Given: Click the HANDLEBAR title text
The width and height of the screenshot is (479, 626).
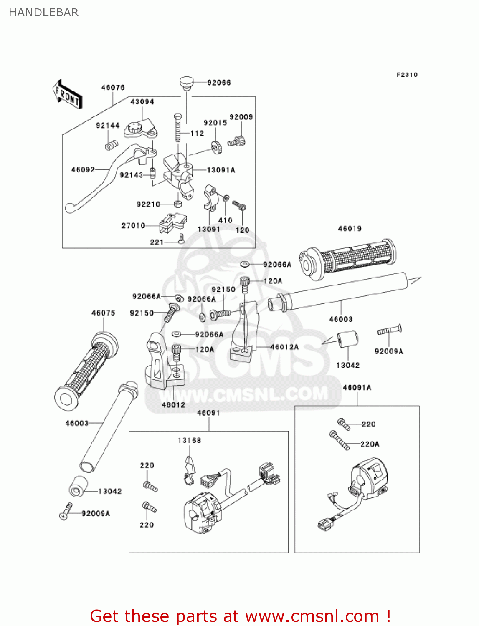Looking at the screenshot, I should click(x=43, y=13).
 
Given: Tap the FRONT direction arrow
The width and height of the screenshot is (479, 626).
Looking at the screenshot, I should click(x=67, y=95).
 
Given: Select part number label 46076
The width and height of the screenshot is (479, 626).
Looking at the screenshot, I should click(x=113, y=87).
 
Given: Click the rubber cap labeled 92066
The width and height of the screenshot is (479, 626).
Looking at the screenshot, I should click(x=187, y=82).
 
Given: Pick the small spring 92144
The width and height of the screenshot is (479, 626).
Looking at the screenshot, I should click(x=112, y=146).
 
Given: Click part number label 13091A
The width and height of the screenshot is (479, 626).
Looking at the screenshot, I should click(x=221, y=170).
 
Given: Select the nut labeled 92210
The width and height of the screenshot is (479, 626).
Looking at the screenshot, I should click(x=177, y=204).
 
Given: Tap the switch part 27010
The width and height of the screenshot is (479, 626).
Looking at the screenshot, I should click(x=172, y=223).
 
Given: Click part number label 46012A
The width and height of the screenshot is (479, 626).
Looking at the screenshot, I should click(x=284, y=347).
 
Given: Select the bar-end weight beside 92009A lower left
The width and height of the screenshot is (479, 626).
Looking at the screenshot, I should click(x=78, y=487).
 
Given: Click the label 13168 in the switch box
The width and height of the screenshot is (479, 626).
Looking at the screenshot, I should click(x=189, y=440).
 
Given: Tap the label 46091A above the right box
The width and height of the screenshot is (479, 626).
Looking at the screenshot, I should click(x=357, y=387).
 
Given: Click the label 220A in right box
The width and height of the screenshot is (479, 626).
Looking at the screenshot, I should click(x=370, y=444).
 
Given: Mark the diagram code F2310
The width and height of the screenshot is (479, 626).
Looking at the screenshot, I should click(x=407, y=75).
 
